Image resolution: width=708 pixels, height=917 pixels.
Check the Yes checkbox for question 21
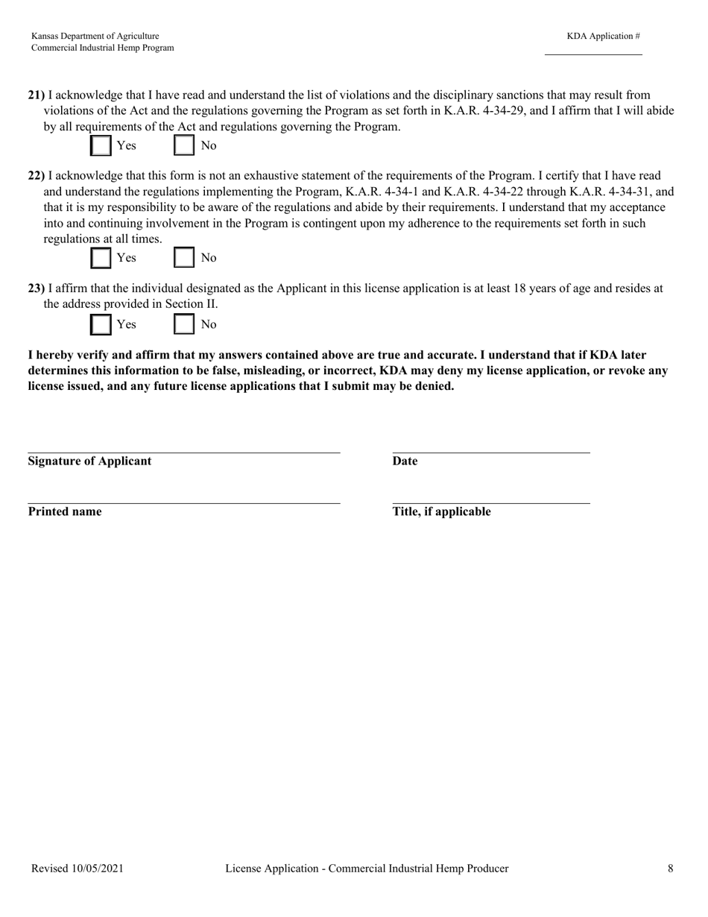coord(101,145)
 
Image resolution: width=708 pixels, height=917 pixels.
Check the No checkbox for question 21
coord(184,145)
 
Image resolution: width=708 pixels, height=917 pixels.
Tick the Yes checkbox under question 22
coord(101,258)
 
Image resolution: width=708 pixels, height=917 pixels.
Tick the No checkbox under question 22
coord(184,258)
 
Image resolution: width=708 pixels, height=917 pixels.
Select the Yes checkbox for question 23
coord(101,324)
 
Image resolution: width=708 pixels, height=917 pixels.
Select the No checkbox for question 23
coord(184,324)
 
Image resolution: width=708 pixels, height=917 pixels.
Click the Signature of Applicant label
coord(89,461)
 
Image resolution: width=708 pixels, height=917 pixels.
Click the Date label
coord(405,461)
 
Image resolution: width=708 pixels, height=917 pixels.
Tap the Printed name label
coord(65,511)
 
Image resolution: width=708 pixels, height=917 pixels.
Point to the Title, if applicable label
coord(441,511)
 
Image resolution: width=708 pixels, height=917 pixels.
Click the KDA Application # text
coord(603,36)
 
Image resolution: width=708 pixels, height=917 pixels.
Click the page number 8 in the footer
coord(671,869)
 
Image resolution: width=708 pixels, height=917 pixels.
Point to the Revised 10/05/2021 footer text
coord(78,869)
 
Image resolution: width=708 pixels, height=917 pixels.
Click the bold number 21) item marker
coord(37,95)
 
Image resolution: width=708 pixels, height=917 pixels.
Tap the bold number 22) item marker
coord(37,176)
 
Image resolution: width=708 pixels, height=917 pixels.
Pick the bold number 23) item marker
coord(37,289)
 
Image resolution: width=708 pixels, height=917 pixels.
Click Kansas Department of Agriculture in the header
coord(95,36)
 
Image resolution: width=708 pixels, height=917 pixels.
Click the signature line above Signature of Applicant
coord(184,452)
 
